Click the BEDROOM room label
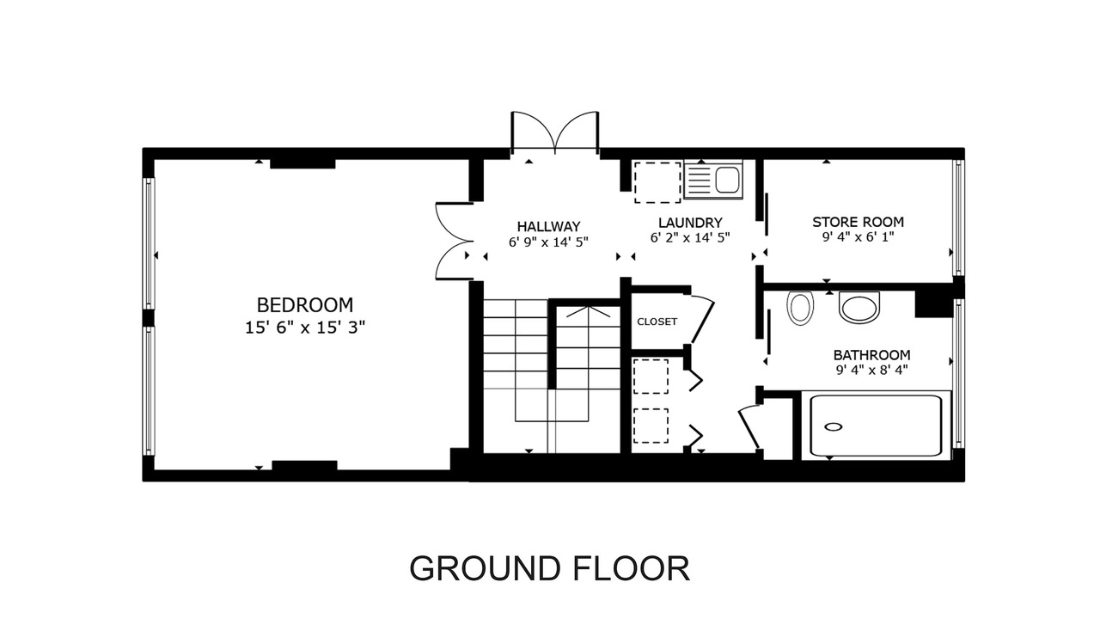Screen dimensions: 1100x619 [305, 305]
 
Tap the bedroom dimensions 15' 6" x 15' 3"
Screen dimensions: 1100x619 [305, 328]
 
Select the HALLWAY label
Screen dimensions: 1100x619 [548, 226]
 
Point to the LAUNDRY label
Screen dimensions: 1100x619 [690, 223]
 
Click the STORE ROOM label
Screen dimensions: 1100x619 [858, 222]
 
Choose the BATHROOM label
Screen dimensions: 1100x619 [871, 355]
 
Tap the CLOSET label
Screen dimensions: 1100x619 [657, 322]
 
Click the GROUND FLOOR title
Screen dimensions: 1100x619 [549, 568]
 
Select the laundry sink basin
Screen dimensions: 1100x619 [727, 180]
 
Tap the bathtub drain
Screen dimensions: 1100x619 [833, 427]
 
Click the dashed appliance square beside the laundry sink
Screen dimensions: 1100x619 [657, 182]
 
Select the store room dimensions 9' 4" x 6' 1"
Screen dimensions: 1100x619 [858, 237]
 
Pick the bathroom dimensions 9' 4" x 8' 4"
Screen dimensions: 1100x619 [871, 370]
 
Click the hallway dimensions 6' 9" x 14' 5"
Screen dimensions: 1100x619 [548, 242]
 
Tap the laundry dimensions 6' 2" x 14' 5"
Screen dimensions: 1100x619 [690, 238]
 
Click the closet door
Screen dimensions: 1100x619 [702, 322]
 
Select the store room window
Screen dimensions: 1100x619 [957, 218]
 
